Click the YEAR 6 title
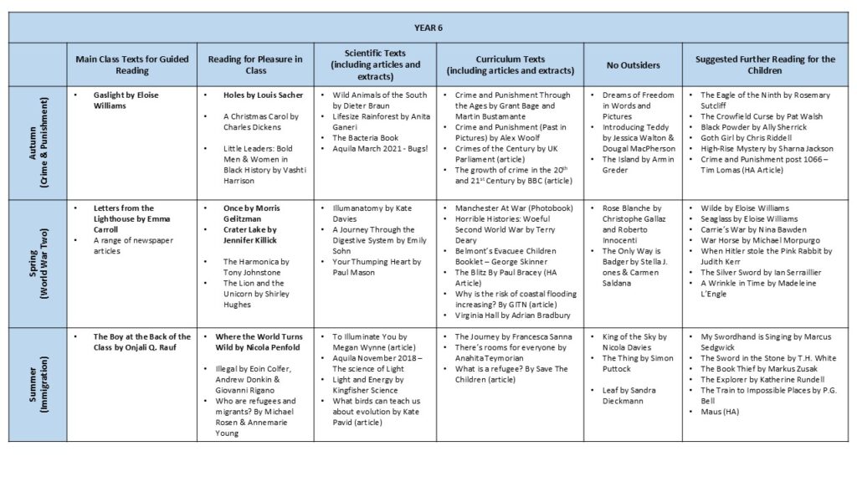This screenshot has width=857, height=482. click(428, 28)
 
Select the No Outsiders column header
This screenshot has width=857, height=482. click(633, 64)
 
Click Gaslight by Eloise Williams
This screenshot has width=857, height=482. click(126, 100)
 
